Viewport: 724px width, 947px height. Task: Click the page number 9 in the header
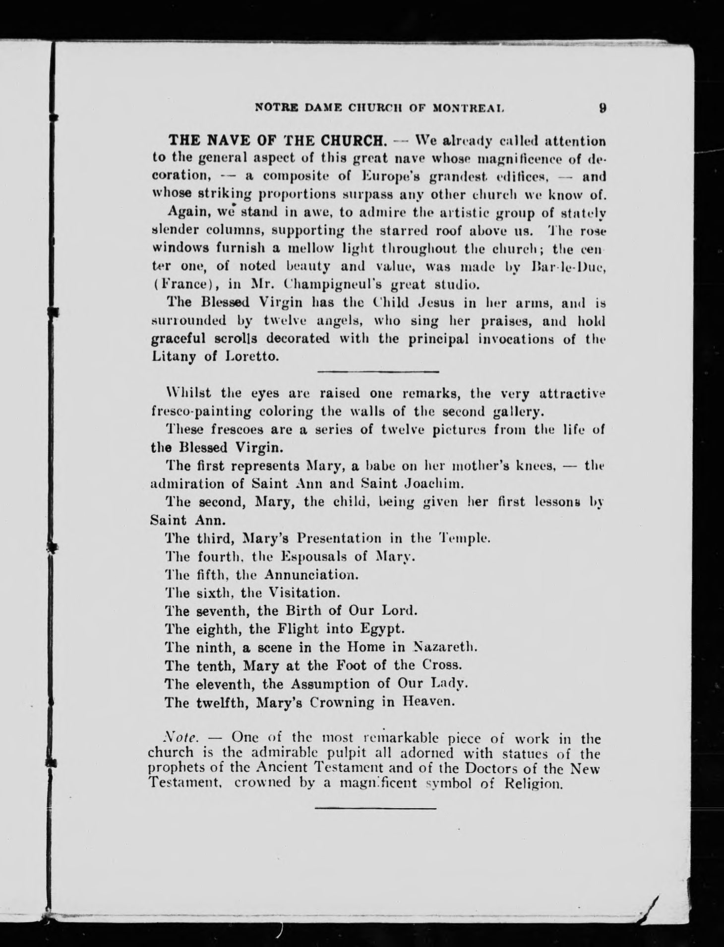603,108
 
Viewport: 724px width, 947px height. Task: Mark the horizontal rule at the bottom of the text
375,808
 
